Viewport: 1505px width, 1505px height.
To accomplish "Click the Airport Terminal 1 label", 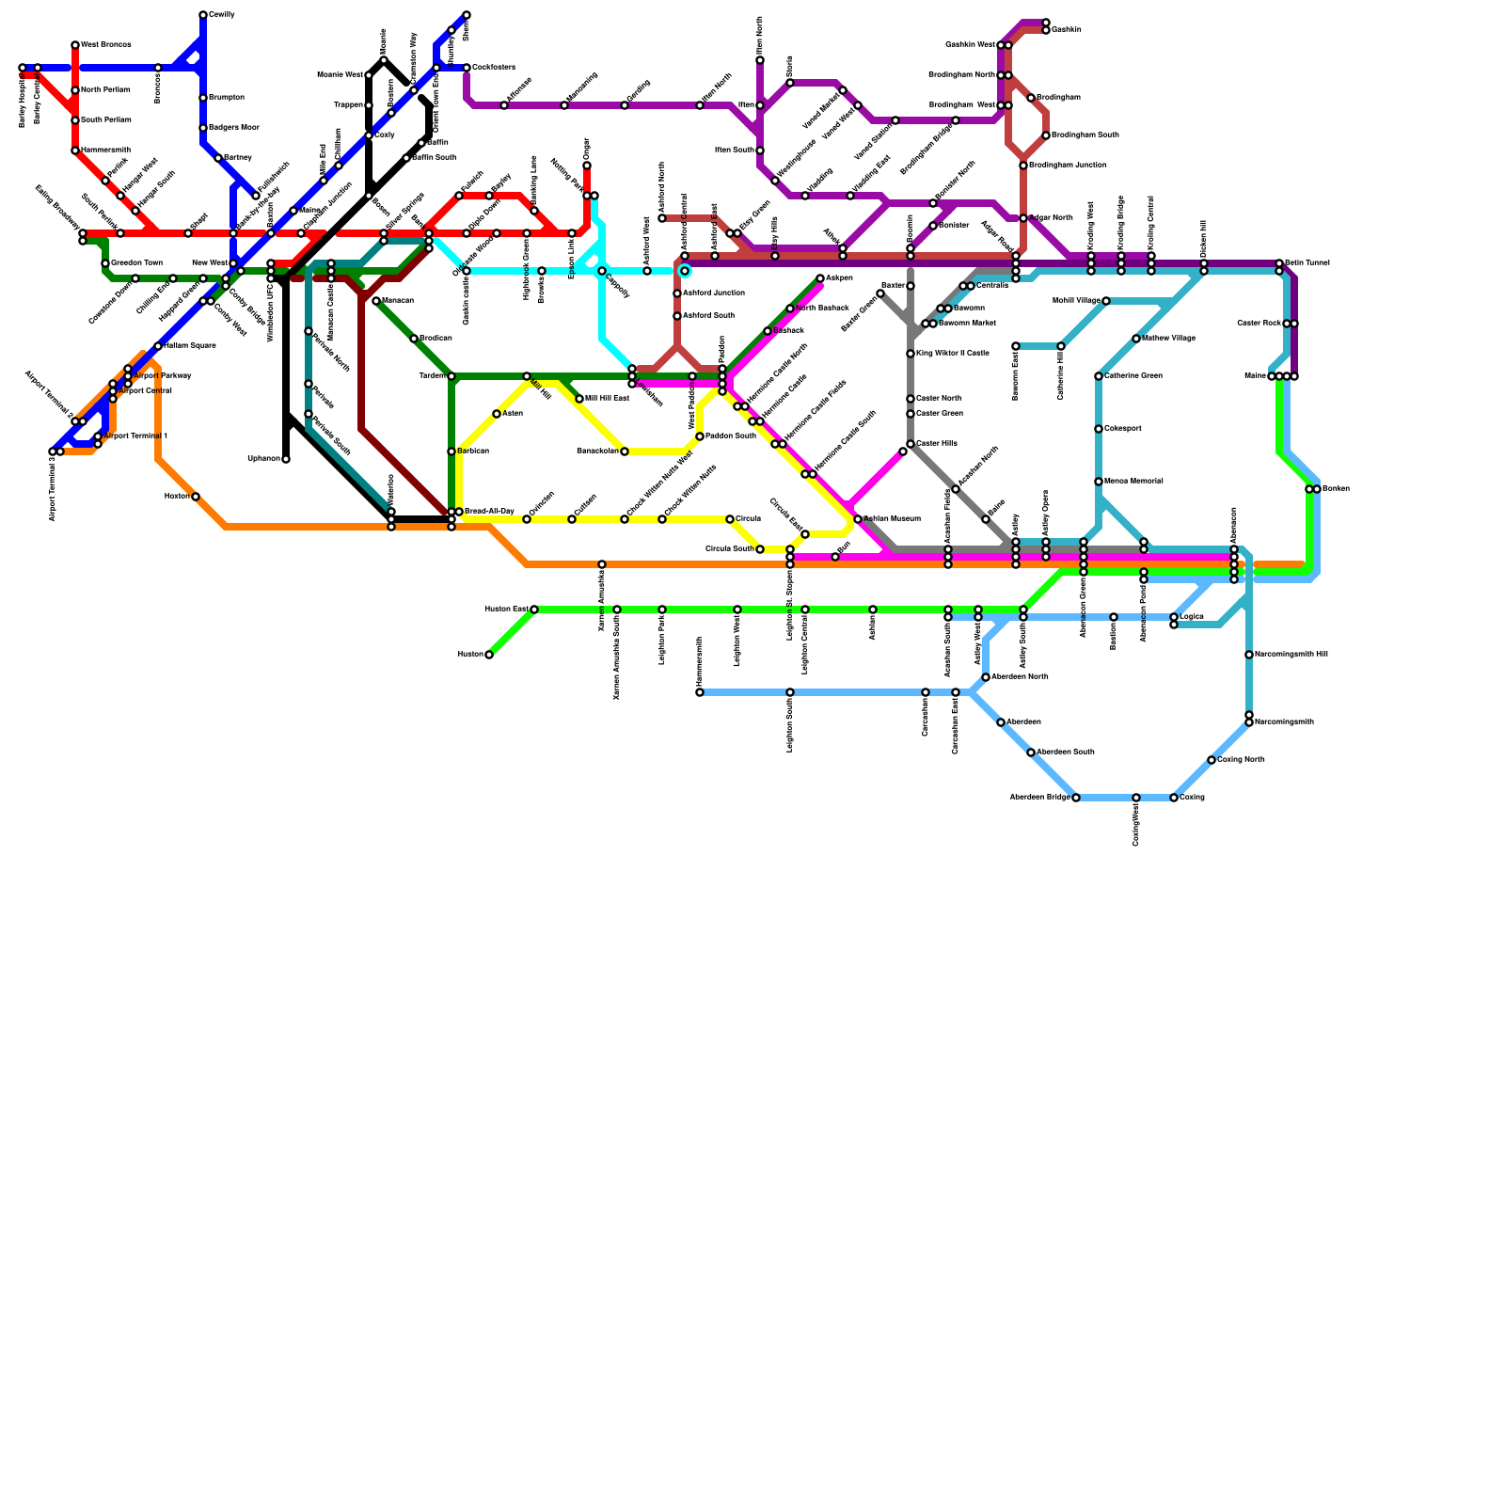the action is coord(136,436).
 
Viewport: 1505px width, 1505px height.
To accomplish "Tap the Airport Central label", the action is coord(145,390).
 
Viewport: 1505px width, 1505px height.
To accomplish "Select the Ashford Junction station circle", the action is coord(677,293).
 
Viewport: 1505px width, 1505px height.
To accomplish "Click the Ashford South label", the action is coord(708,316).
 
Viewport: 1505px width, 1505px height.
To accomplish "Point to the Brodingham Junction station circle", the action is coord(1023,166).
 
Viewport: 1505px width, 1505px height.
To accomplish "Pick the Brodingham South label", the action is coord(1085,135).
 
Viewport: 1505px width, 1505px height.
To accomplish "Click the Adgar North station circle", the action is coord(1023,218).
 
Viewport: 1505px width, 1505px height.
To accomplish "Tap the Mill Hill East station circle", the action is coord(579,399).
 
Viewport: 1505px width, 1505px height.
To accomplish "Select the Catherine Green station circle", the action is coord(1099,376).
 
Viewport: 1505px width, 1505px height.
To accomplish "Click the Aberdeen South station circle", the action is coord(1031,752).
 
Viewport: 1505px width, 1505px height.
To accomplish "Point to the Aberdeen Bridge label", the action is coord(1039,798).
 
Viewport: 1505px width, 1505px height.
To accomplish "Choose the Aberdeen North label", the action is coord(1020,677).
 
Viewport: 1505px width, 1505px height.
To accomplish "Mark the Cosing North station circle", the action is coord(1212,760).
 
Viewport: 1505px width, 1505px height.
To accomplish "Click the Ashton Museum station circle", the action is coord(858,519).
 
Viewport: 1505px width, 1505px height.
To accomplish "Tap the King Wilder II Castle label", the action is coord(952,354).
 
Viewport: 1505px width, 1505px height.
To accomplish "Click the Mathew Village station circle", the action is coord(1136,339).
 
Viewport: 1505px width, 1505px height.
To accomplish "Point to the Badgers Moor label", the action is coord(233,128).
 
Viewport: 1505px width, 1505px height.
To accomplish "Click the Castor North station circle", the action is coord(911,399).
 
